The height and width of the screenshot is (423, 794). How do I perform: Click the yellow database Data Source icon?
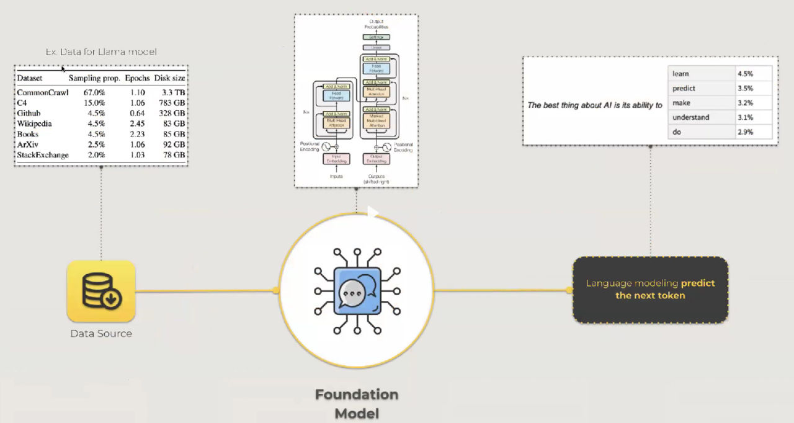pos(101,292)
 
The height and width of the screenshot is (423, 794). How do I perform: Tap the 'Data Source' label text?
pos(101,334)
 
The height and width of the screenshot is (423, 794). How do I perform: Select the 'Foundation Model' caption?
pos(356,404)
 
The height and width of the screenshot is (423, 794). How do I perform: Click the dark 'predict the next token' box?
pos(650,290)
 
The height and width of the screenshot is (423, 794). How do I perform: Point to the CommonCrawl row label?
pos(42,92)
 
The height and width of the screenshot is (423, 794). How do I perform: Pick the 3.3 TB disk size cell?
pos(172,92)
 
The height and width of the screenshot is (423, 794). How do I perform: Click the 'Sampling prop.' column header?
pos(94,79)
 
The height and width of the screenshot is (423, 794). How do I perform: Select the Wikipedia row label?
pos(35,124)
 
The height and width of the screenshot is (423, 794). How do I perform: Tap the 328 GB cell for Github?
pos(169,114)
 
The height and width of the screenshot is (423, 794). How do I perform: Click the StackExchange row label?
pos(43,155)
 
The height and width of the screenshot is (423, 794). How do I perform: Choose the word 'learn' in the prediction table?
pos(681,74)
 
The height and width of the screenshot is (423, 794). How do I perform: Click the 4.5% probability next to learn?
pos(745,74)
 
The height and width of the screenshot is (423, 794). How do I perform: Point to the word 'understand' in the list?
pos(691,117)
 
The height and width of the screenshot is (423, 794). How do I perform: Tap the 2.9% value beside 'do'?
pos(745,132)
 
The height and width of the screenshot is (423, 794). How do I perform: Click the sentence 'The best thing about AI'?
pos(594,105)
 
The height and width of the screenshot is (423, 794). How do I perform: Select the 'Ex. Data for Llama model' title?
pos(101,52)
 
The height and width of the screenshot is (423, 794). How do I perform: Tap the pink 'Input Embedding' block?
pos(336,159)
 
